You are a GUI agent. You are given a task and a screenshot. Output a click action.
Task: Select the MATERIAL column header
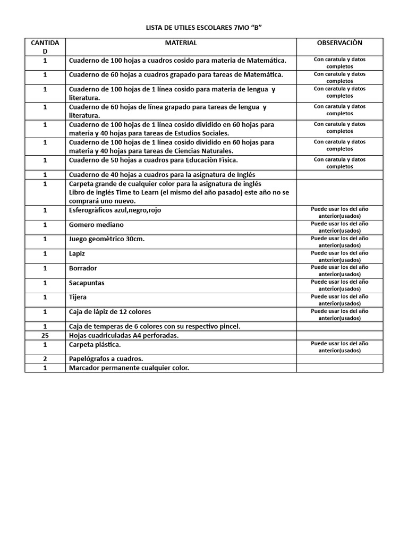point(181,43)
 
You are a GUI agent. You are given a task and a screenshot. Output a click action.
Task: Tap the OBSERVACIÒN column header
point(339,43)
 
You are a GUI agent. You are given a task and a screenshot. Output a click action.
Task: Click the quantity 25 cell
point(45,335)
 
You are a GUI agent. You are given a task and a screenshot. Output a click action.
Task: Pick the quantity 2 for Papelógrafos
point(45,359)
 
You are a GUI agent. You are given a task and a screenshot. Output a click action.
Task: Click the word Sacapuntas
point(87,283)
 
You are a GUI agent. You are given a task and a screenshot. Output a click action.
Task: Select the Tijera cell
point(78,297)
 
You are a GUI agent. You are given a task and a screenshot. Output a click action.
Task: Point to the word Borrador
point(83,268)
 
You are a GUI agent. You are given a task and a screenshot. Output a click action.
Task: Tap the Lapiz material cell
point(77,254)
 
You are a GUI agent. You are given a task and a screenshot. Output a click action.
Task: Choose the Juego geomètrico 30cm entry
point(107,239)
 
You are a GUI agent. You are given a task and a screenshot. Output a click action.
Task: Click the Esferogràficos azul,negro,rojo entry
point(115,210)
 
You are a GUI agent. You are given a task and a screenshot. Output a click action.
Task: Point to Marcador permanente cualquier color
point(129,368)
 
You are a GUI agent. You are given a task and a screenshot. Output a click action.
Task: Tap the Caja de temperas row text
point(155,326)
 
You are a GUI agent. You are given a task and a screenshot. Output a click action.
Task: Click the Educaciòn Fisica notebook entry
point(154,160)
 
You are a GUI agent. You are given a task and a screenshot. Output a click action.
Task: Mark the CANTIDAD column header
point(45,47)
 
